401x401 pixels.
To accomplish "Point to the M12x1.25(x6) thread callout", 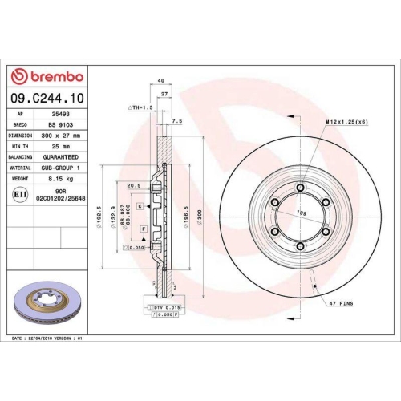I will pyautogui.click(x=348, y=121).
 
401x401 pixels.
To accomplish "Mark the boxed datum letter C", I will pyautogui.click(x=140, y=206).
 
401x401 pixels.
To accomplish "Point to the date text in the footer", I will pyautogui.click(x=48, y=339).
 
